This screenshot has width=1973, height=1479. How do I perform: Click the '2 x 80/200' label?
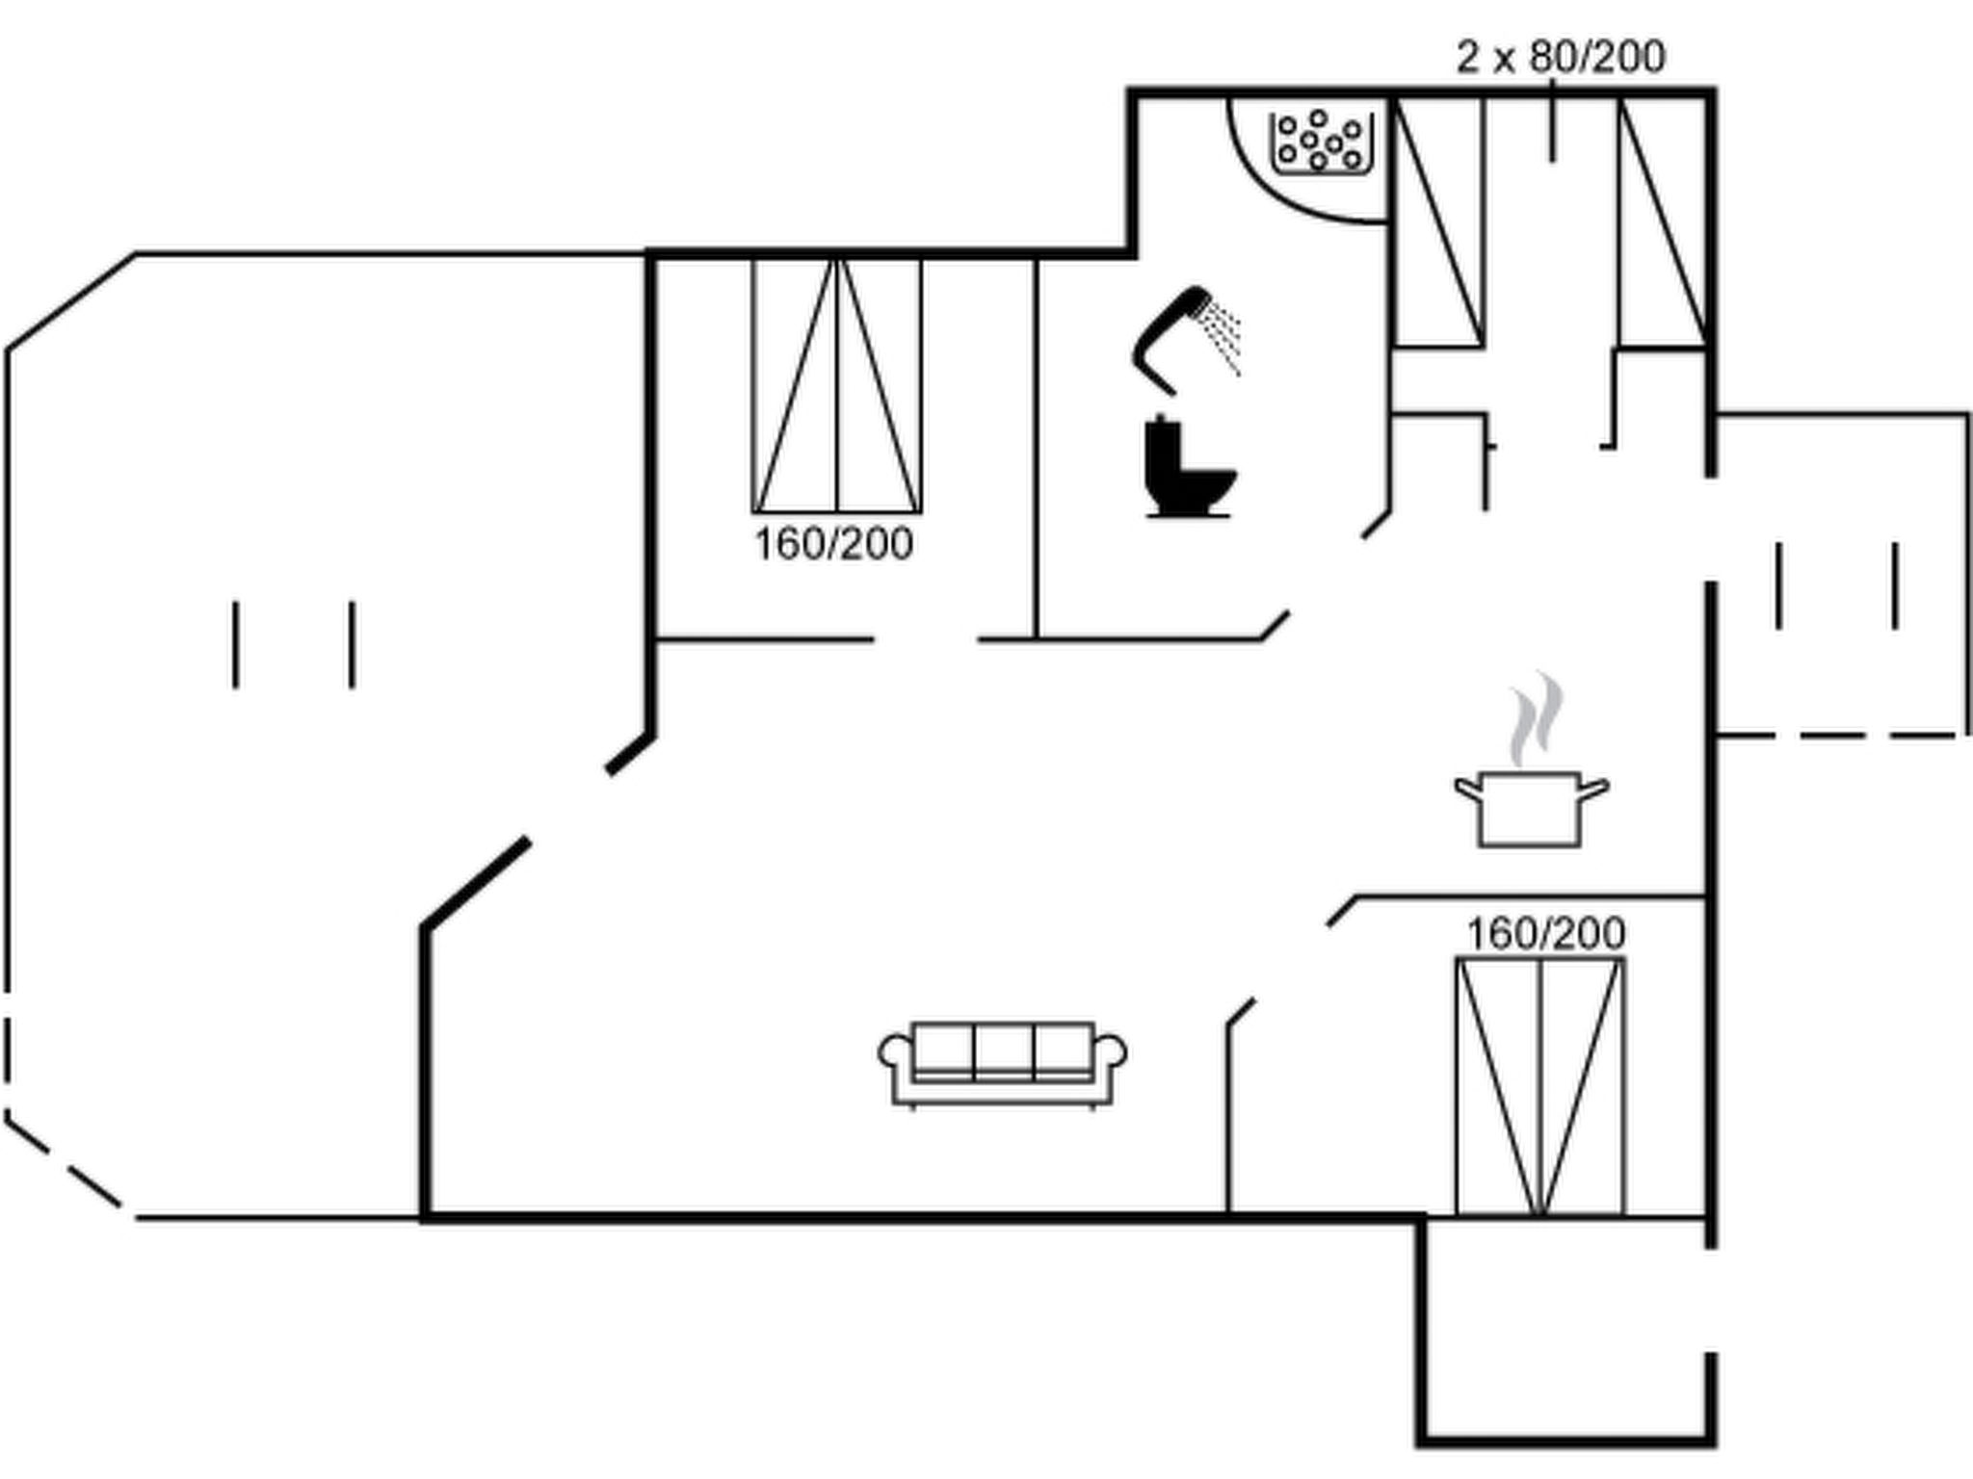click(x=1561, y=58)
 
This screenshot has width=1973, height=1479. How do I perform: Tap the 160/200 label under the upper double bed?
click(x=833, y=545)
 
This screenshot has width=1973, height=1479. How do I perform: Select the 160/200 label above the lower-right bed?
click(x=1545, y=933)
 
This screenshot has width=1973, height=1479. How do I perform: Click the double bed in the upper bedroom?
click(x=836, y=385)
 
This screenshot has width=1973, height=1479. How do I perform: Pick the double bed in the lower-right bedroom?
click(x=1539, y=1086)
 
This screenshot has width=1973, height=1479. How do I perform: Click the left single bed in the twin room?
click(x=1437, y=221)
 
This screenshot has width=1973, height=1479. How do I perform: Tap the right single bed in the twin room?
click(x=1662, y=221)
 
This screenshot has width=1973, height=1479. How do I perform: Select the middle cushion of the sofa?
click(x=1003, y=1050)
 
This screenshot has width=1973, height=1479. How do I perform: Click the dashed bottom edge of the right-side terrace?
click(x=1840, y=736)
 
